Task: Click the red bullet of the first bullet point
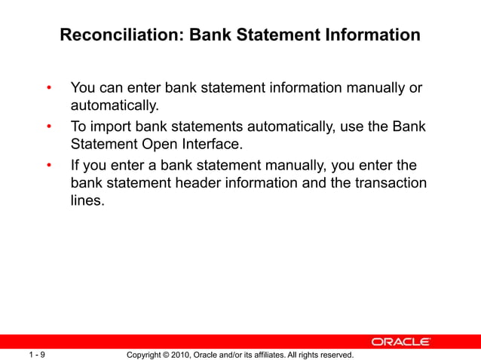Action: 49,89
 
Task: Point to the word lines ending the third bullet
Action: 85,202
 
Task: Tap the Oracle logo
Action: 401,342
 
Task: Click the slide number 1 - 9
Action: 36,354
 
